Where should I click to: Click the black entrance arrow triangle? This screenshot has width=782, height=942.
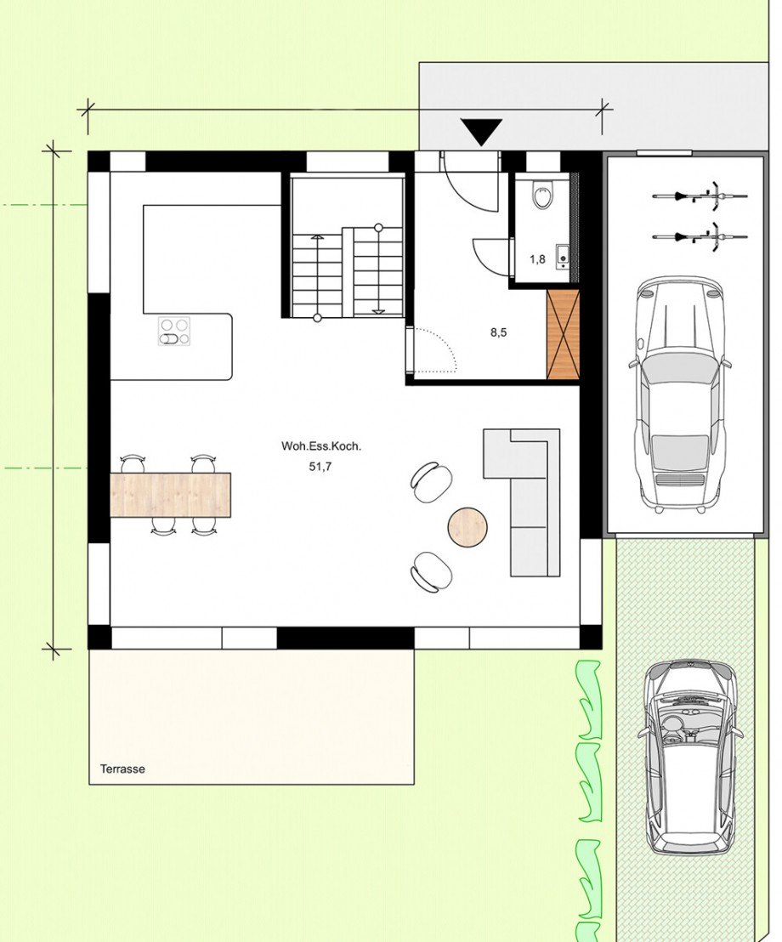(482, 132)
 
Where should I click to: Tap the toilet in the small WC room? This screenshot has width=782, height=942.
(542, 196)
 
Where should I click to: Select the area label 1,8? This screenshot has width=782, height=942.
(537, 259)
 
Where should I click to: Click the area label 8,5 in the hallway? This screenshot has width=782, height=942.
(499, 333)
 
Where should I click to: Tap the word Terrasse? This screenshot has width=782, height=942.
(122, 769)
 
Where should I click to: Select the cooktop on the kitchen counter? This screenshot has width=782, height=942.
(174, 331)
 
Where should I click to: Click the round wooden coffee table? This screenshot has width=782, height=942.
(467, 526)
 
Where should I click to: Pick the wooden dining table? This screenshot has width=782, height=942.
(171, 495)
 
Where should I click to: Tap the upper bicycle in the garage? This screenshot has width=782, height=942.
(700, 196)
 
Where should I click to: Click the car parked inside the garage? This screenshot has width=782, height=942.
(679, 394)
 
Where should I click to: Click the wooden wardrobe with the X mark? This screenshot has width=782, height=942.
(563, 334)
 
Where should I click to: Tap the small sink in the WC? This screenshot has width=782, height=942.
(562, 255)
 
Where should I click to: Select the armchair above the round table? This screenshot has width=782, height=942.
(432, 481)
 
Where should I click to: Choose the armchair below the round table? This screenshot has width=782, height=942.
(432, 570)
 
